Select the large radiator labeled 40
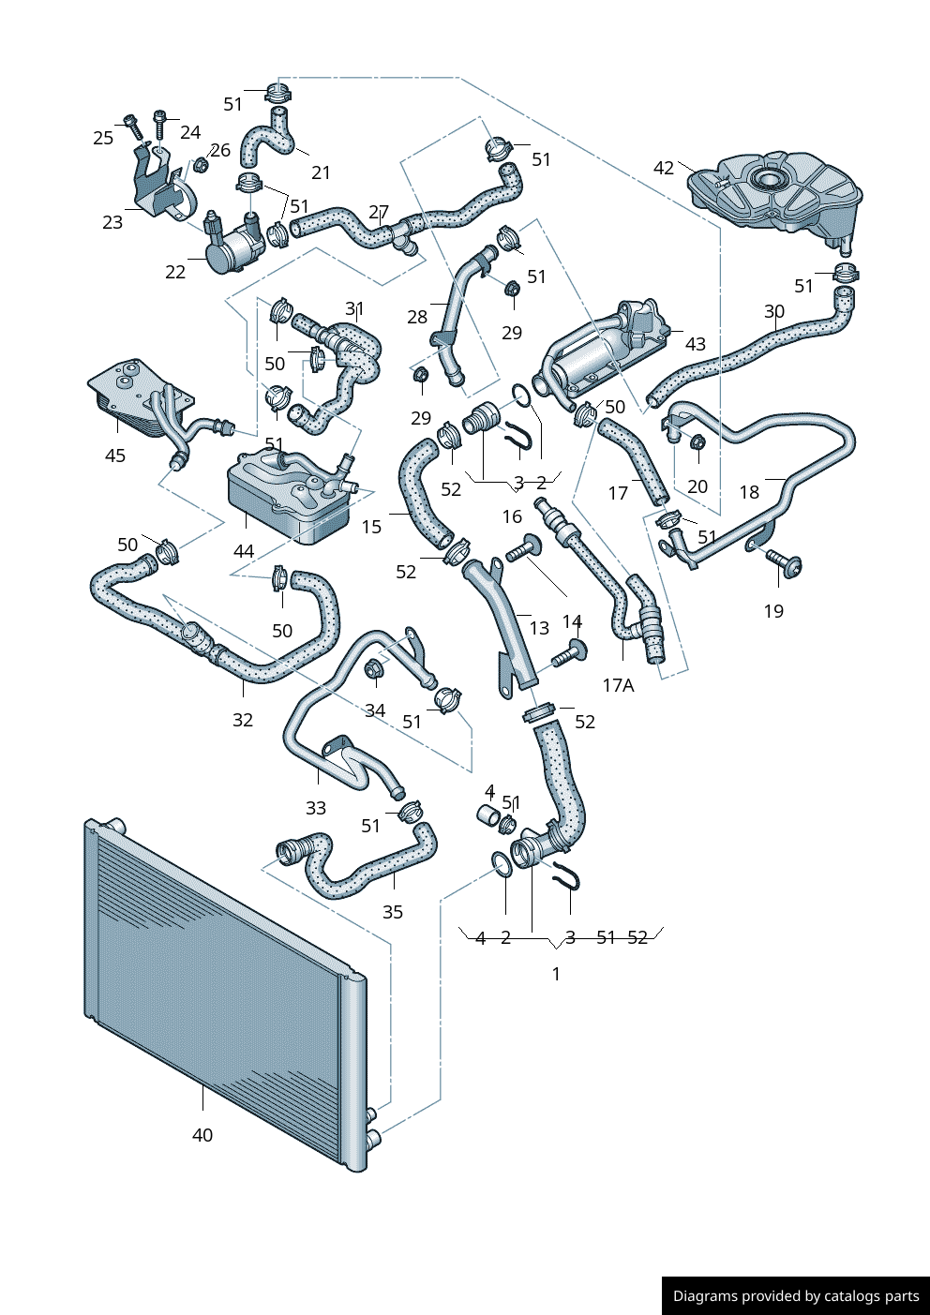[225, 994]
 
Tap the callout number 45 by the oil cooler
[115, 456]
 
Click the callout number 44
[244, 551]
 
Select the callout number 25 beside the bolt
[103, 138]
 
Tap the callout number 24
[190, 132]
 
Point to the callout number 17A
[618, 685]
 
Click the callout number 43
[696, 344]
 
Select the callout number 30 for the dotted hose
[774, 311]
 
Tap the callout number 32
[243, 720]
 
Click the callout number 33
[316, 808]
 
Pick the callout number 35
[393, 912]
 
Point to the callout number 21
[321, 172]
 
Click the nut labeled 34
[374, 669]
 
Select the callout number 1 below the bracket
[556, 974]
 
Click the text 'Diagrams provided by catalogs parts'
[796, 1296]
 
